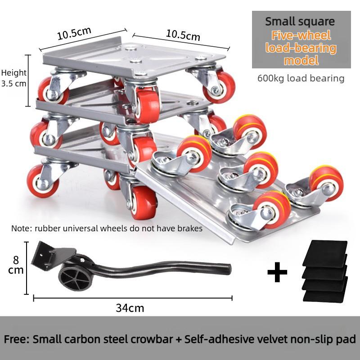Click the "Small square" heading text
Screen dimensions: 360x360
[300, 22]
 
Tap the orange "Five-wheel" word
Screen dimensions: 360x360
[301, 36]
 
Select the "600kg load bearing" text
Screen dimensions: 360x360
[301, 78]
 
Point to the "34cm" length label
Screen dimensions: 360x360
[130, 308]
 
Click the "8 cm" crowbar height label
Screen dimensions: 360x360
[16, 265]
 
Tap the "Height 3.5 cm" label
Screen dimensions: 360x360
[13, 78]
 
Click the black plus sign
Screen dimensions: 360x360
[277, 272]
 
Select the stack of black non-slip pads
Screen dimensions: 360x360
[324, 271]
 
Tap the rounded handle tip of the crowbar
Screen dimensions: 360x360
[228, 269]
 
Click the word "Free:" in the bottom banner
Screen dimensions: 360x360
[17, 339]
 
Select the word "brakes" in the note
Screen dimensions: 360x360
[189, 229]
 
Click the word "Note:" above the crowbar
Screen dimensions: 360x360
[22, 229]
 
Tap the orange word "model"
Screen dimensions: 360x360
[301, 61]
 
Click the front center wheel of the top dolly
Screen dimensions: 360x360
[147, 106]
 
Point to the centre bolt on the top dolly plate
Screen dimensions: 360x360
[135, 61]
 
